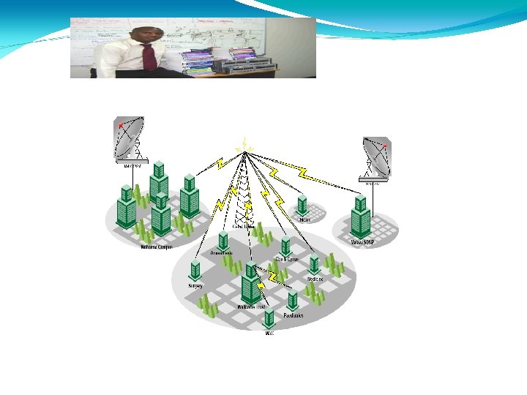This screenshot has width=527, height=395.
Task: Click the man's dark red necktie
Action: pyautogui.click(x=149, y=56)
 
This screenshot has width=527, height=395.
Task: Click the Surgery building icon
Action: pyautogui.click(x=195, y=271)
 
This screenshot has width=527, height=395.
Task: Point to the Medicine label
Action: pyautogui.click(x=315, y=279)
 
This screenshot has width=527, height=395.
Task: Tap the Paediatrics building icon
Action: pyautogui.click(x=293, y=299)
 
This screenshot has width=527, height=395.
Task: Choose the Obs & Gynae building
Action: pyautogui.click(x=285, y=247)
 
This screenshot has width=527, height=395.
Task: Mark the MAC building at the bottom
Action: pyautogui.click(x=269, y=318)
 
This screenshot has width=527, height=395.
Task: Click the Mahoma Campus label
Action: pyautogui.click(x=156, y=247)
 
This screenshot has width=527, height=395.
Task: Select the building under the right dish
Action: pyautogui.click(x=359, y=215)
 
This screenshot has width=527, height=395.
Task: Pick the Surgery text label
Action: pyautogui.click(x=195, y=285)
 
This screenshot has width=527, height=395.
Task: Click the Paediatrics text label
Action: pyautogui.click(x=294, y=315)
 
